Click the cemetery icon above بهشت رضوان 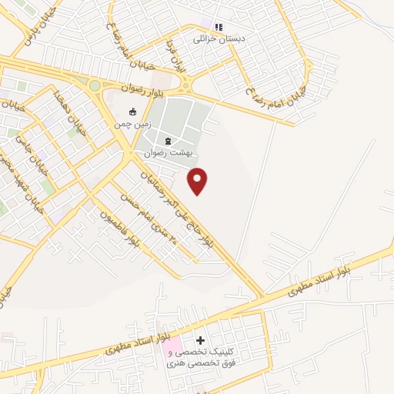pyautogui.click(x=169, y=141)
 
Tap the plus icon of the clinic pyautogui.click(x=201, y=340)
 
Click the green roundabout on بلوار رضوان pyautogui.click(x=94, y=85)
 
